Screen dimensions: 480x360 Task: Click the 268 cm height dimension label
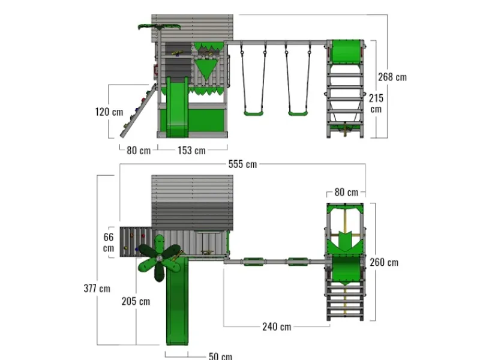click(x=392, y=77)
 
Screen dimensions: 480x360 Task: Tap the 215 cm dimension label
click(x=376, y=103)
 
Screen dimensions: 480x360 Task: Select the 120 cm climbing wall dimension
click(x=109, y=112)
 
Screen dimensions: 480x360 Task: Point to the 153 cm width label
click(x=191, y=151)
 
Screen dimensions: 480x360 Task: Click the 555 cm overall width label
click(x=242, y=164)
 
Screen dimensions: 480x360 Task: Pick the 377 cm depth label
click(x=97, y=289)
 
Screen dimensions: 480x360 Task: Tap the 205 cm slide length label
click(x=136, y=301)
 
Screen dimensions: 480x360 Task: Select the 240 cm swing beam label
click(x=277, y=326)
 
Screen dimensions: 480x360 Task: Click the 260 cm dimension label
click(x=384, y=262)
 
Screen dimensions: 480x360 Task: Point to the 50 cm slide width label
click(x=220, y=356)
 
